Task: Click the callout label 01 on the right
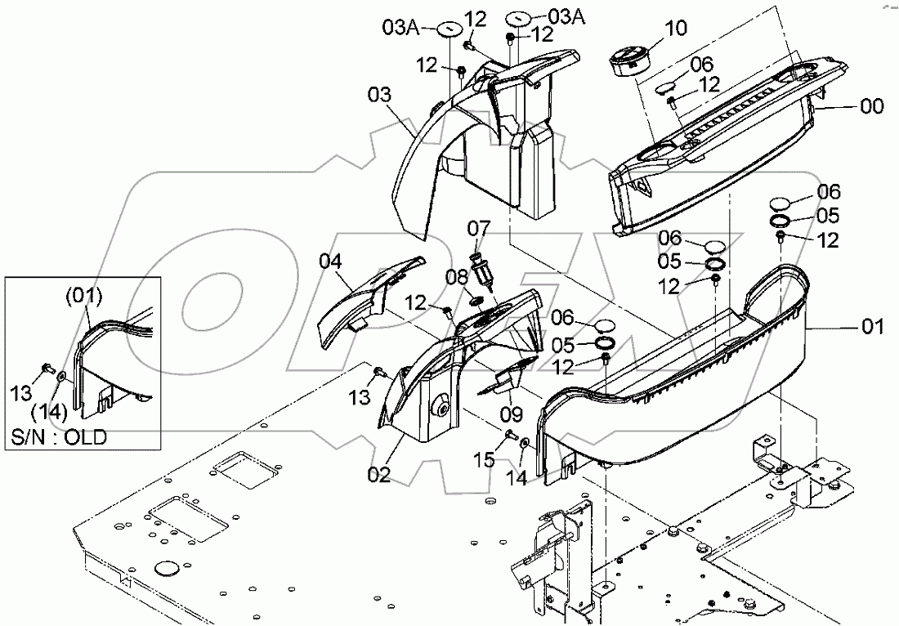873,328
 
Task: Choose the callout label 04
329,262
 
